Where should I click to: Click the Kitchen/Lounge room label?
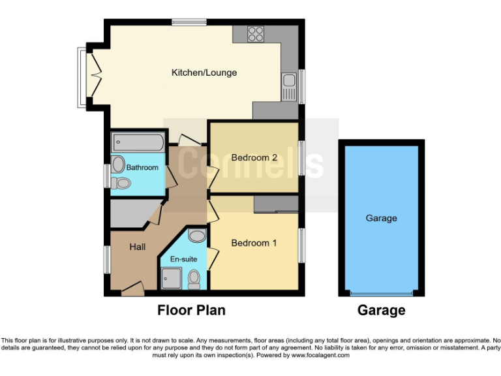click(204, 72)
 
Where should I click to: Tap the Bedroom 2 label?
click(254, 157)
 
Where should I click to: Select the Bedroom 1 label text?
click(254, 243)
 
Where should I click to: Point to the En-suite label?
click(184, 259)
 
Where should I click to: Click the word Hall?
click(137, 247)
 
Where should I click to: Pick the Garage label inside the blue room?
click(381, 218)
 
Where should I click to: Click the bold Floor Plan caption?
click(191, 310)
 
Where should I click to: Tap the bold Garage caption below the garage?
click(381, 310)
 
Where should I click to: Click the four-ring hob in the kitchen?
click(254, 33)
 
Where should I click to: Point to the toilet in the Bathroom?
click(120, 183)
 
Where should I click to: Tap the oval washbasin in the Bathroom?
click(118, 163)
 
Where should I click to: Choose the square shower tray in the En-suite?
click(172, 279)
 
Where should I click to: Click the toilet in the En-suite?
click(194, 279)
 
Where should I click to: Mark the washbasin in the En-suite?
click(196, 236)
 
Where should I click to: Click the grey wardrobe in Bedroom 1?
click(276, 204)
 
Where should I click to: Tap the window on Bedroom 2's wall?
click(301, 157)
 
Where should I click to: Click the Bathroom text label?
click(142, 168)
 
